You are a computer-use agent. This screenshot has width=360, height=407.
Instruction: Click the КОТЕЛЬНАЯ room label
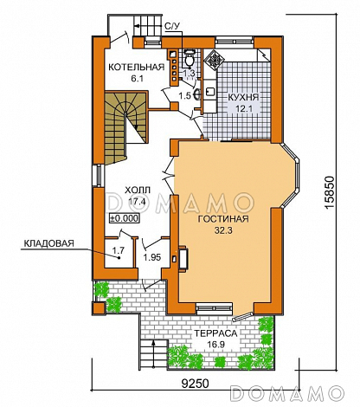(x=136, y=67)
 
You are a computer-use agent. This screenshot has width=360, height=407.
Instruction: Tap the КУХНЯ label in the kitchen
(x=243, y=97)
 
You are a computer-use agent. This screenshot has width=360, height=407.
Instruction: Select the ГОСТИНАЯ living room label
(x=223, y=219)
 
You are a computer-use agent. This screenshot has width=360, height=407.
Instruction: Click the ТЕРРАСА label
(x=215, y=333)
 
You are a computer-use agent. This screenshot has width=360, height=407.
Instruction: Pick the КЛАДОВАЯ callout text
(x=48, y=243)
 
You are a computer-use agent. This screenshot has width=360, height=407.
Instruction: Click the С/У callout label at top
(x=172, y=27)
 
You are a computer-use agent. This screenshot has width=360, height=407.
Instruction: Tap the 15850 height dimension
(x=329, y=193)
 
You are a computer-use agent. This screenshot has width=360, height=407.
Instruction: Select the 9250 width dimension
(x=195, y=384)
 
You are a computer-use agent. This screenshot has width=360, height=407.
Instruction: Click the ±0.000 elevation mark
(x=124, y=218)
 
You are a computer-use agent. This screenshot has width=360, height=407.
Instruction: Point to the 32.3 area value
(x=223, y=230)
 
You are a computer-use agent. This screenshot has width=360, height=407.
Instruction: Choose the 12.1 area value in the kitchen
(x=243, y=109)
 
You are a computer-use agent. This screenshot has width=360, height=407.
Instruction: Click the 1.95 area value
(x=152, y=257)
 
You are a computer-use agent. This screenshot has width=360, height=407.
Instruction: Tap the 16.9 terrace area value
(x=215, y=345)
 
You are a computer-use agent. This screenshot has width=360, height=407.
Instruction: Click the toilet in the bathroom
(x=190, y=57)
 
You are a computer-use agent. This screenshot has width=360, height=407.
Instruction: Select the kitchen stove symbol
(x=215, y=60)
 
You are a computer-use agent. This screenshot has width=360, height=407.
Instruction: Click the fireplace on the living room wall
(x=183, y=258)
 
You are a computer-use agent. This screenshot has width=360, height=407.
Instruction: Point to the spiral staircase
(x=125, y=127)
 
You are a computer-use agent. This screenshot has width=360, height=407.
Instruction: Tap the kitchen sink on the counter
(x=210, y=91)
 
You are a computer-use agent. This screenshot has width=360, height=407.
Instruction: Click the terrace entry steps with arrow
(x=154, y=353)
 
